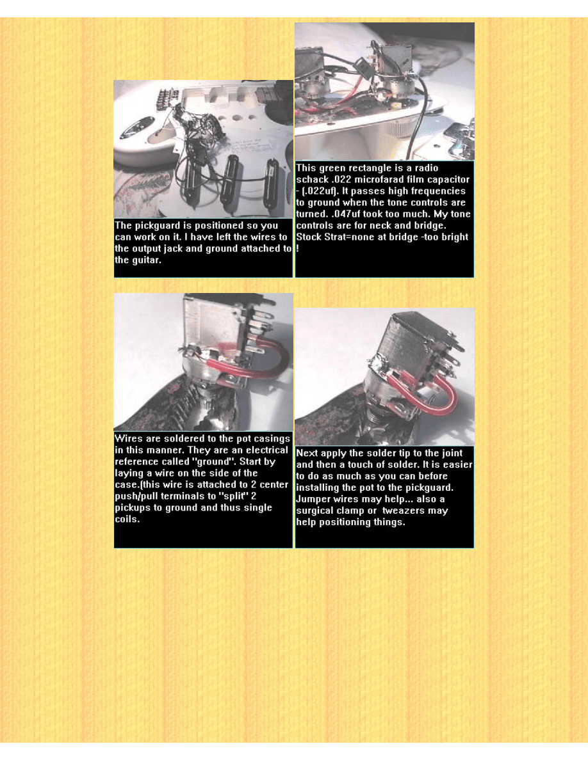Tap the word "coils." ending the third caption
(127, 519)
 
